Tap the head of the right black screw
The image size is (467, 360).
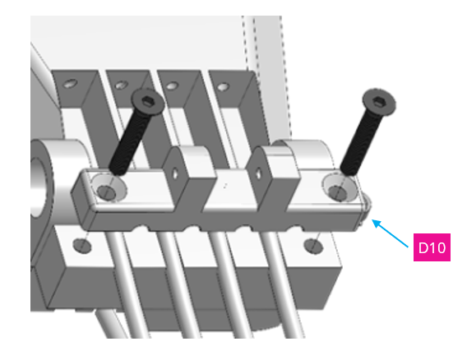click(377, 99)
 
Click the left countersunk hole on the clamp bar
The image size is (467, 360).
click(106, 191)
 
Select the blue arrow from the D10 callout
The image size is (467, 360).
click(392, 233)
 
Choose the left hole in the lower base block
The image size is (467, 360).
click(81, 244)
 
